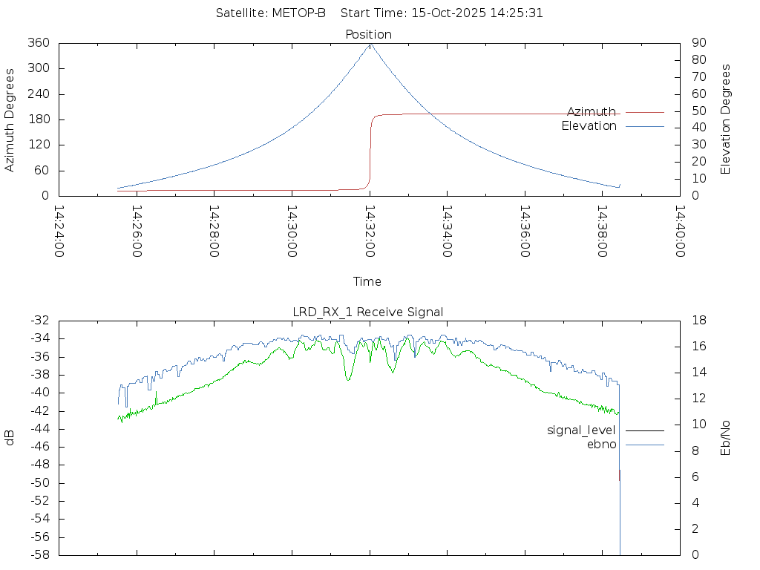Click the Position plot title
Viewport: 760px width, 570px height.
click(x=368, y=34)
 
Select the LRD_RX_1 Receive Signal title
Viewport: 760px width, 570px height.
click(x=368, y=312)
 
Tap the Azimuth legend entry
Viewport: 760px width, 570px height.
click(x=592, y=111)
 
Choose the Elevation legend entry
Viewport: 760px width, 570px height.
click(x=589, y=126)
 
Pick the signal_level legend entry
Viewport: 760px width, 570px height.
click(x=581, y=430)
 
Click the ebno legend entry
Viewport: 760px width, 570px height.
click(x=601, y=444)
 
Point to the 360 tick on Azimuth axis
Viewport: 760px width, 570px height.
click(x=39, y=43)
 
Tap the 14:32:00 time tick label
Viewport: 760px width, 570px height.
click(x=370, y=231)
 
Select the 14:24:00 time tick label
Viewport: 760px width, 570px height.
click(x=59, y=231)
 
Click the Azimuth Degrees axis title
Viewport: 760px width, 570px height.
click(x=10, y=119)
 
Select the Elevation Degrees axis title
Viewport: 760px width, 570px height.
click(x=726, y=119)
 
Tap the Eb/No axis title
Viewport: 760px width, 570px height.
click(x=726, y=437)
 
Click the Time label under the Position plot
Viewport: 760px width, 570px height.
click(x=367, y=281)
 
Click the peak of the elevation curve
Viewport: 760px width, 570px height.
click(x=370, y=44)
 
